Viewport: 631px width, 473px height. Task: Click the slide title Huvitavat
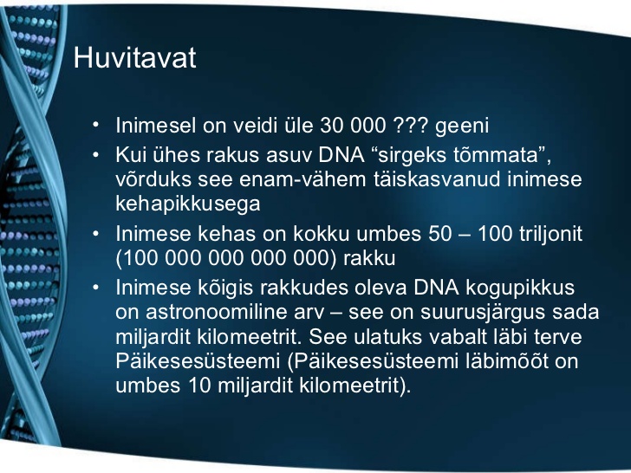click(135, 57)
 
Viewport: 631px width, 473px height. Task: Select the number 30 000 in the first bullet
click(353, 125)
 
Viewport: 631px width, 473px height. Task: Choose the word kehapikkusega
click(188, 204)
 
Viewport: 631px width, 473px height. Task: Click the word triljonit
click(550, 235)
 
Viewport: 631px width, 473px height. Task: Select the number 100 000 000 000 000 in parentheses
click(226, 258)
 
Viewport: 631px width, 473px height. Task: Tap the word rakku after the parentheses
click(369, 258)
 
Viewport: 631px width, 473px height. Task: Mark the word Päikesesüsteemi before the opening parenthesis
click(198, 361)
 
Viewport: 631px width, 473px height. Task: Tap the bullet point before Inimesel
click(95, 125)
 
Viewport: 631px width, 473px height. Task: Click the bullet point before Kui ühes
click(95, 155)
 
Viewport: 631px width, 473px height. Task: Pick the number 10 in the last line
click(199, 386)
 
